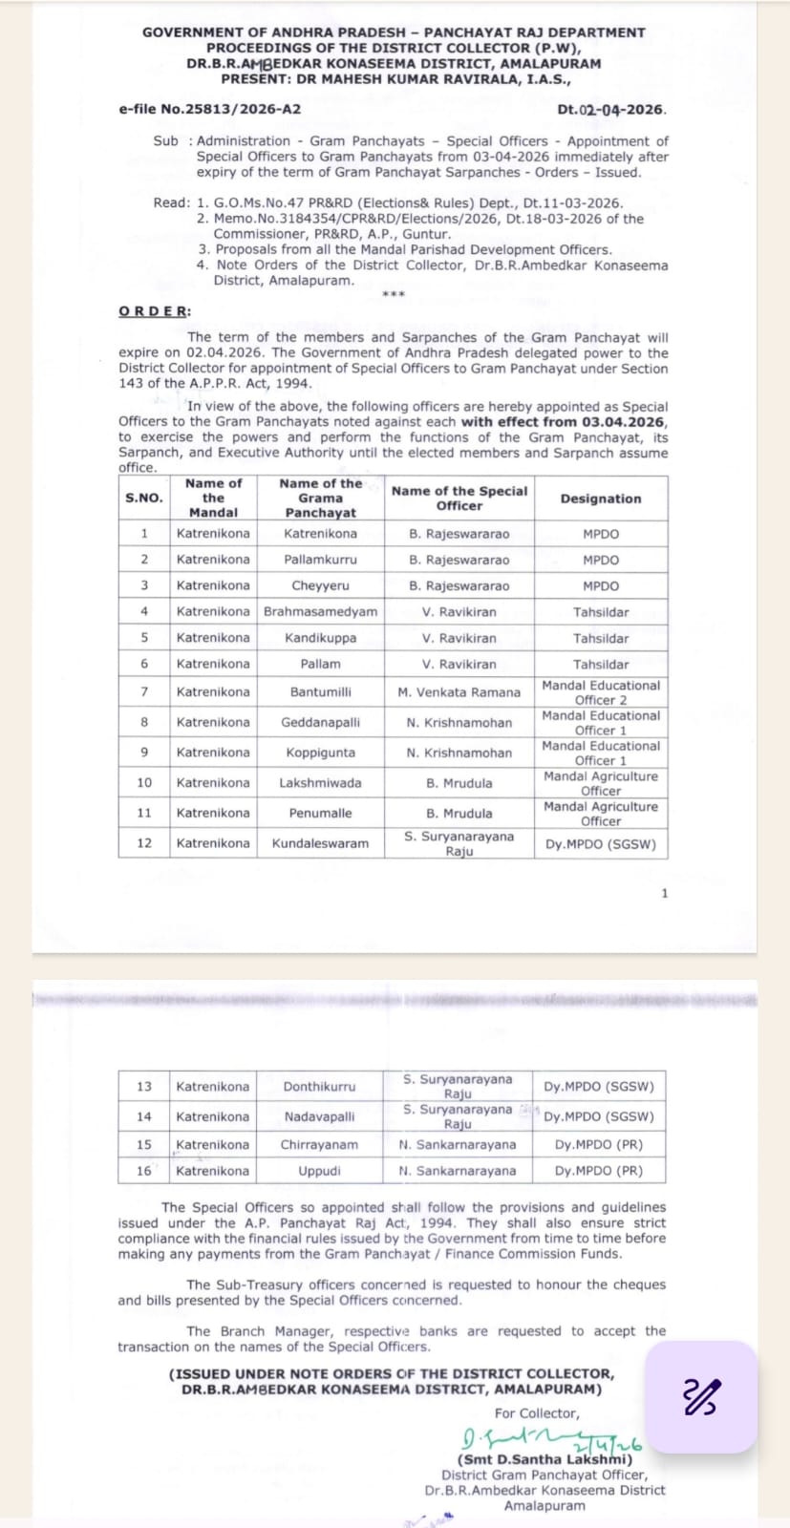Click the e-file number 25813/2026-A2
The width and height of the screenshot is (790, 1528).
pos(209,109)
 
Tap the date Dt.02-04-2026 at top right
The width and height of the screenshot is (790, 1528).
pos(611,110)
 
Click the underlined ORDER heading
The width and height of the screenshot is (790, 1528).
pos(154,311)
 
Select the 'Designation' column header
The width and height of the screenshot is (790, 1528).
pos(601,499)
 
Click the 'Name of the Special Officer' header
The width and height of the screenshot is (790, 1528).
pos(459,499)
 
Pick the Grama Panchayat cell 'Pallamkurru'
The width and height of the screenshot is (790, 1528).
pos(320,560)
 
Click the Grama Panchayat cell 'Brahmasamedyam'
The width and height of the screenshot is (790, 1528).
pos(320,611)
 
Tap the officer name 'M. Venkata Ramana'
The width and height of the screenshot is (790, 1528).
pos(459,692)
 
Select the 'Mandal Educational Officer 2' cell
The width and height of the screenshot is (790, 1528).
pos(601,692)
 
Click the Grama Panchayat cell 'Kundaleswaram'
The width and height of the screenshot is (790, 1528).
pos(320,843)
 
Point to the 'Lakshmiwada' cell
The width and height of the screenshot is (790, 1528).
pos(320,783)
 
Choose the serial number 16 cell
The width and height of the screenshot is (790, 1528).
pos(144,1171)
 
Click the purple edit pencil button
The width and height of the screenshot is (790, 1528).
pos(701,1397)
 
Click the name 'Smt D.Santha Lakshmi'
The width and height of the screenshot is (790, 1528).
pos(545,1460)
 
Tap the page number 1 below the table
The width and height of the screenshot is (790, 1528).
pos(665,893)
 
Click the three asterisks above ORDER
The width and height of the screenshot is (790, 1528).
pos(393,294)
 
